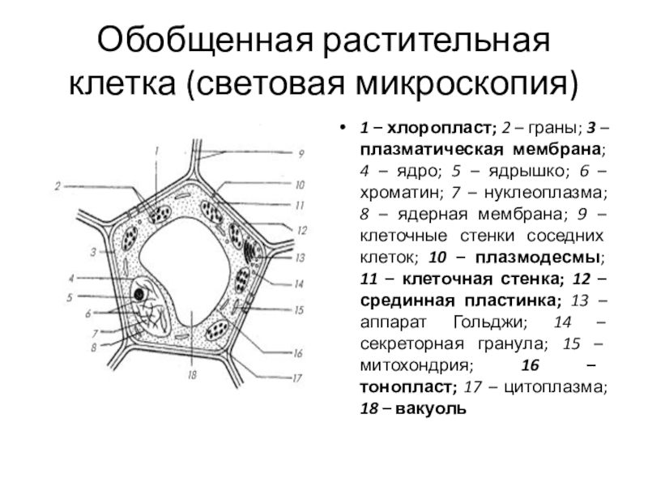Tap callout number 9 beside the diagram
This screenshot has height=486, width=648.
click(301, 153)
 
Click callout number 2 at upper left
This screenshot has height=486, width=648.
click(58, 186)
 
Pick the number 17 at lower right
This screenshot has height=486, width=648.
click(299, 377)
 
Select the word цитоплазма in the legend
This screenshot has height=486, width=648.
click(554, 387)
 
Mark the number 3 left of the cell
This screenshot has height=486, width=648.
click(94, 252)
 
